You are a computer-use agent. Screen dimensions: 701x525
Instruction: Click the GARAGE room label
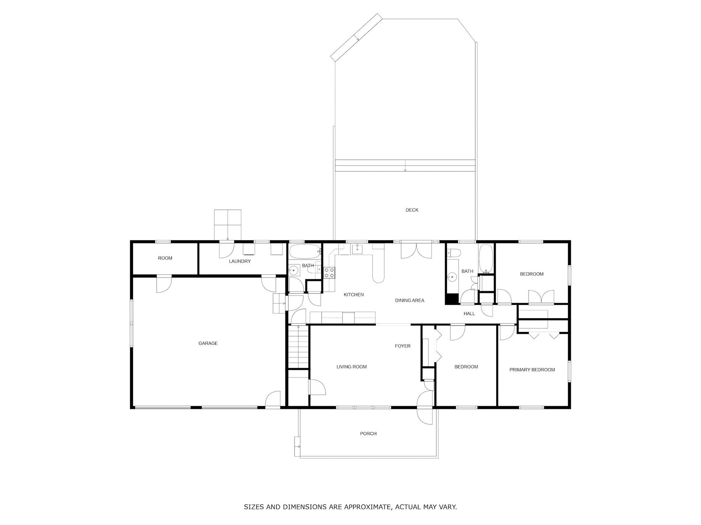tap(208, 343)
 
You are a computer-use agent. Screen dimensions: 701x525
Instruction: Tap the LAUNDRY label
tap(240, 261)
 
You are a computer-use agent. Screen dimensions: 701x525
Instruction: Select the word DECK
tap(412, 210)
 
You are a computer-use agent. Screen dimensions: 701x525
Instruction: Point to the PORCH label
tap(368, 434)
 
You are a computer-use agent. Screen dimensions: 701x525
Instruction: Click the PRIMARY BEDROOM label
tap(532, 370)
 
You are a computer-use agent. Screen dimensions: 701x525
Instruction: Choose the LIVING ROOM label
tap(352, 367)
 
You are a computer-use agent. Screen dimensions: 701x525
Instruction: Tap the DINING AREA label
tap(410, 301)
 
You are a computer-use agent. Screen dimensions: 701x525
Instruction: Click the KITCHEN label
tap(354, 295)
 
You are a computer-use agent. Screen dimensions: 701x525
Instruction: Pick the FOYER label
tap(403, 346)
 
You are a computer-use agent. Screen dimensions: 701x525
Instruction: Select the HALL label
tap(469, 314)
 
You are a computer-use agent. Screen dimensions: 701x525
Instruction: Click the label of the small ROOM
tap(165, 258)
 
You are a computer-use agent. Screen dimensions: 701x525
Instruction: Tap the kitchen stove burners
tap(329, 273)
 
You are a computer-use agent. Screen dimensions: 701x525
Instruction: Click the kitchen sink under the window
tap(357, 250)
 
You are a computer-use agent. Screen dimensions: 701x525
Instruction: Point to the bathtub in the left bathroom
tap(304, 252)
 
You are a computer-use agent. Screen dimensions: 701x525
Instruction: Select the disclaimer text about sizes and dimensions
tap(350, 507)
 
